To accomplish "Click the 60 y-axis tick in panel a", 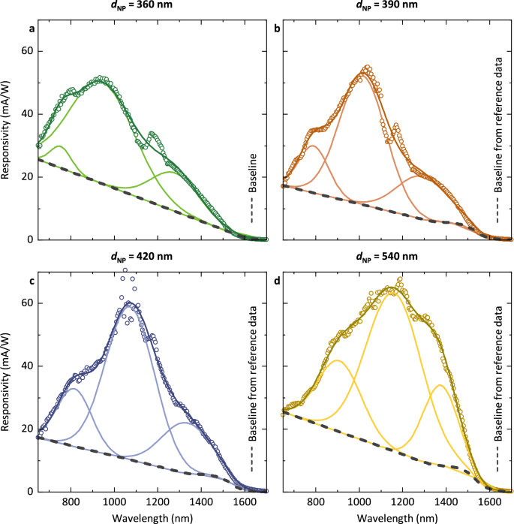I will pos(26,51).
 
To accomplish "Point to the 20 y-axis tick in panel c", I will pos(26,429).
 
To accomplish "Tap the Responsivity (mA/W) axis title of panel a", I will pos(7,129).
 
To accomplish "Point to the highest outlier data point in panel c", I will pos(125,270).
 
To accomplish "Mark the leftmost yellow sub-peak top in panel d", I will pos(338,360).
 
